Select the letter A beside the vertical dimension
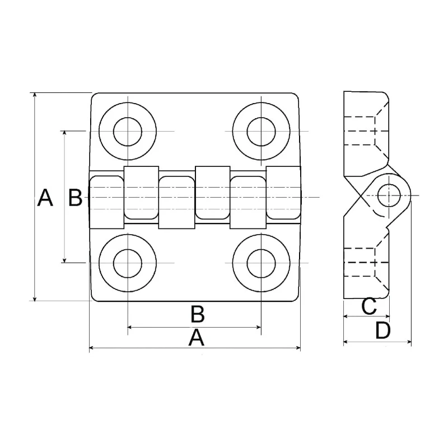coord(45,198)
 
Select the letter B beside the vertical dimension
coord(76,198)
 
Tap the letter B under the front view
coord(198,314)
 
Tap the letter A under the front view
coord(197,338)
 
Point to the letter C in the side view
coord(369,306)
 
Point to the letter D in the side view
coord(383,330)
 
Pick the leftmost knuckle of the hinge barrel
coord(107,202)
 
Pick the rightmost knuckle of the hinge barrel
coord(283,193)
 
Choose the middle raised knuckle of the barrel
coord(213,193)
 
